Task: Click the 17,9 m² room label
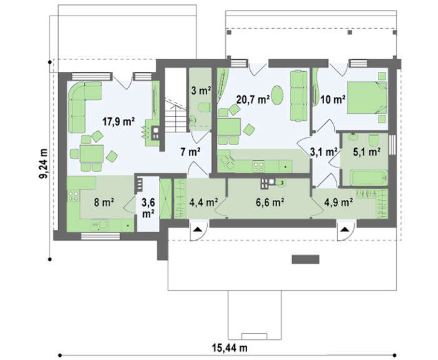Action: click(x=118, y=121)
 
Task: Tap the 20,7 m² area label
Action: click(x=253, y=99)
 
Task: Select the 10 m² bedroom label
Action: click(x=333, y=99)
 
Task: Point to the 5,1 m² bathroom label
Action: click(x=367, y=152)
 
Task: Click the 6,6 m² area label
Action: click(x=270, y=202)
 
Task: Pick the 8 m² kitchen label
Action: click(x=104, y=202)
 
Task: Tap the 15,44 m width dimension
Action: click(x=230, y=347)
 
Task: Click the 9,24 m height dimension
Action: click(x=43, y=163)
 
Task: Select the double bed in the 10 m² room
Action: click(x=367, y=97)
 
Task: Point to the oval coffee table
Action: click(x=277, y=95)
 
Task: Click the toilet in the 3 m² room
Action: click(x=205, y=107)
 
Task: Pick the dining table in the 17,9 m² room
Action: click(x=91, y=154)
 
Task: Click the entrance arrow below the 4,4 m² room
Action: click(x=198, y=229)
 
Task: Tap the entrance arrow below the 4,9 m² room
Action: click(x=344, y=229)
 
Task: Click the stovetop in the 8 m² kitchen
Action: click(x=74, y=196)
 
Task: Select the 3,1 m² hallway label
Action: click(x=323, y=152)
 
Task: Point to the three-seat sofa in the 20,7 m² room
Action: click(x=298, y=96)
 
